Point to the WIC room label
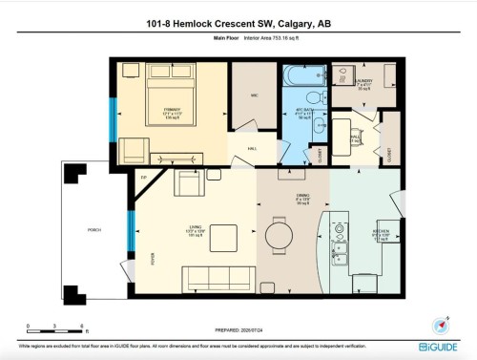254,95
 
